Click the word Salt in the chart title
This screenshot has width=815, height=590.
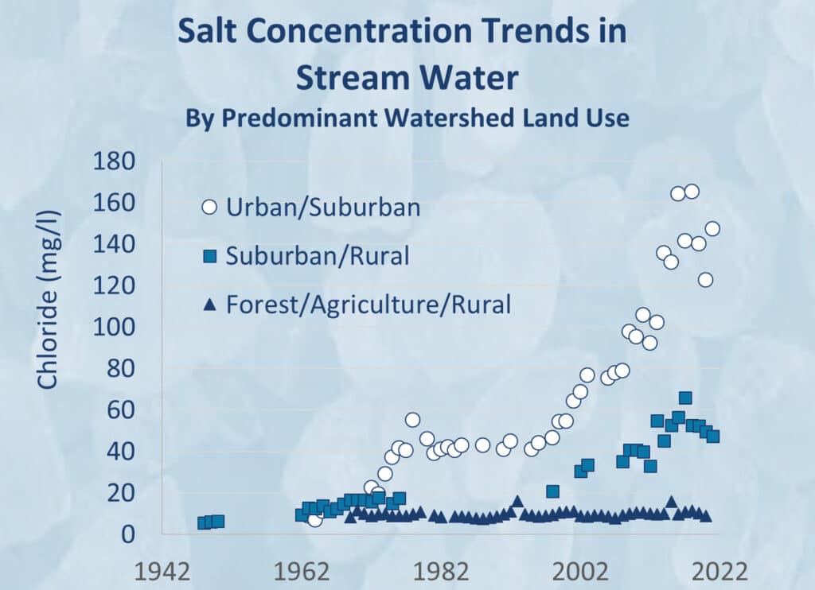[209, 32]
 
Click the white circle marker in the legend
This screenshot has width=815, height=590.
[209, 208]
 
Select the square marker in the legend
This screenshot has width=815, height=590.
[209, 256]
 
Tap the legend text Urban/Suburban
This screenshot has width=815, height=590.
[322, 208]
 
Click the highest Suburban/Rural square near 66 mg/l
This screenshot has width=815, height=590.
[684, 398]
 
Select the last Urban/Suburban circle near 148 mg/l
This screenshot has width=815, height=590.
[712, 229]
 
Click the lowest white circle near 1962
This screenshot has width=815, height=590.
[315, 519]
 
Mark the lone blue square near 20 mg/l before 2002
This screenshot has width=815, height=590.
[552, 491]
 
